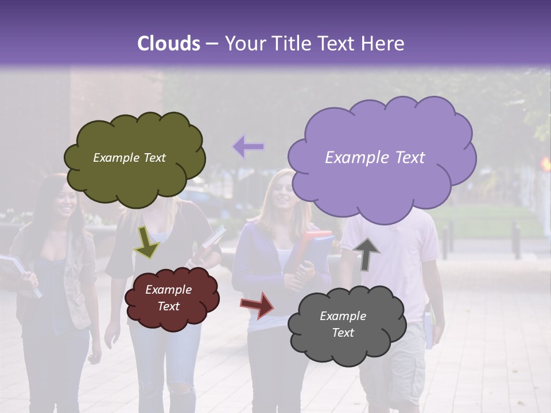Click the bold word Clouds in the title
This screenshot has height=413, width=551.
pos(169,44)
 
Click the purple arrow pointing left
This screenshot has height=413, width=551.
pos(249,147)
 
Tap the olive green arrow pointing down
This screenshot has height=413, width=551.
pos(146,242)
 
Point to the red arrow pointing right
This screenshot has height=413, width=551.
pos(258,305)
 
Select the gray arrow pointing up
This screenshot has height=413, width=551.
pos(366,253)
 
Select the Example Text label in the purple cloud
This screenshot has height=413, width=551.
pos(375,158)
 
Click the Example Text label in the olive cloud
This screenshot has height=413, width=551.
pos(129,158)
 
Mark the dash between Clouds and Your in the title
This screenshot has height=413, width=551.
pos(212,44)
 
